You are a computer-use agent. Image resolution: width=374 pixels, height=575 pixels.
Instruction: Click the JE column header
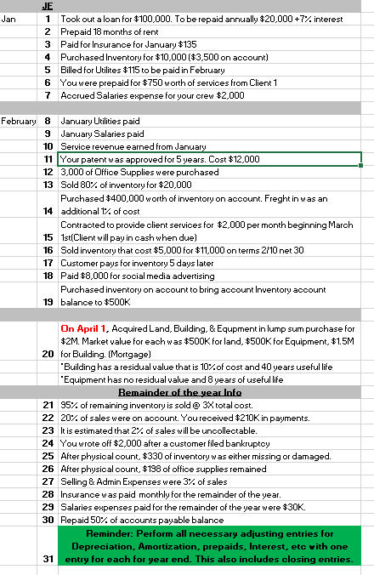click(48, 6)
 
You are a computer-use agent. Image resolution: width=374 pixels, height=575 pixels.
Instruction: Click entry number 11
click(48, 159)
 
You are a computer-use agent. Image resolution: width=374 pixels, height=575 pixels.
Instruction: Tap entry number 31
click(48, 559)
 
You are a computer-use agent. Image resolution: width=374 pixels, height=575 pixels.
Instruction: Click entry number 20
click(48, 351)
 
